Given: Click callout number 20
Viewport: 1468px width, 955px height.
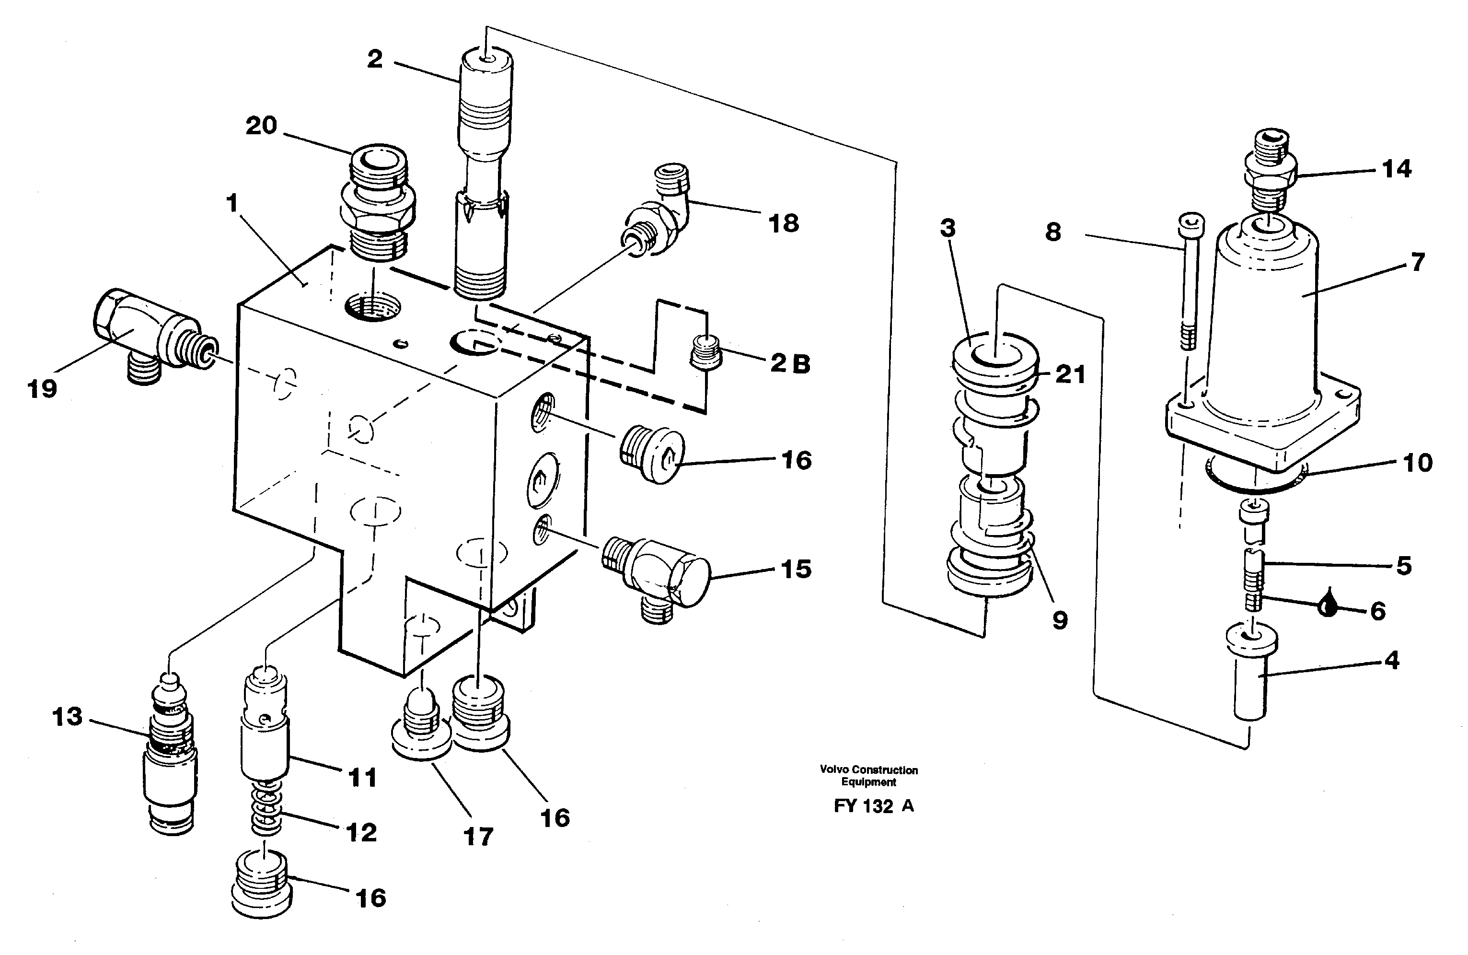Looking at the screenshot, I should (262, 126).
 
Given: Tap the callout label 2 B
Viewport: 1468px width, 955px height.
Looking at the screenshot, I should (790, 363).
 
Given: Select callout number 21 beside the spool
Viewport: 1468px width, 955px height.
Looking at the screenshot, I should (1070, 374).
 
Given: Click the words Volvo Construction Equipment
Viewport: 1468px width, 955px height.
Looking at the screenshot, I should (868, 776).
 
